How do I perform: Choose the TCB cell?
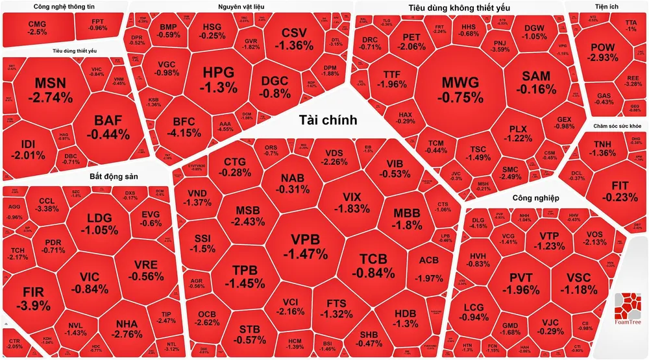pos(373,265)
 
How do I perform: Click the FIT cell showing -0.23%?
pos(611,191)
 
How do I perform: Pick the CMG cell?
pos(38,27)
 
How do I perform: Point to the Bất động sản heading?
pos(117,176)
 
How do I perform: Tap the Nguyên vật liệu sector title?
pos(241,6)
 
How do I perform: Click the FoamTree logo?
pos(628,309)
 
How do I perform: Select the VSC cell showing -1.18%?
pos(578,283)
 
